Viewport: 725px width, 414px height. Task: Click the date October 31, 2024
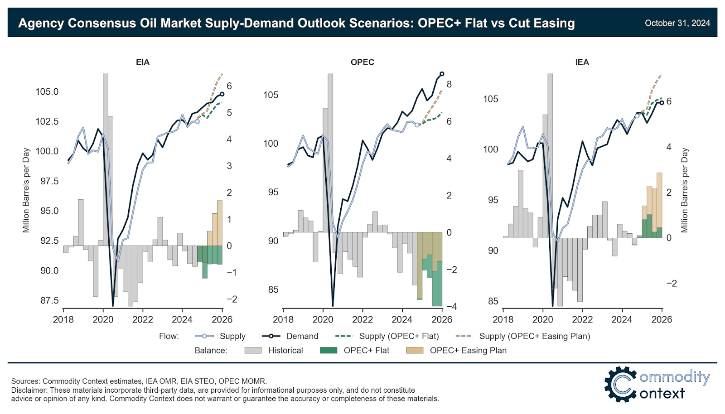click(x=677, y=23)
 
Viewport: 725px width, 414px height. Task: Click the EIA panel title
click(x=143, y=63)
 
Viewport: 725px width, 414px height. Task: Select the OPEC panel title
click(x=362, y=63)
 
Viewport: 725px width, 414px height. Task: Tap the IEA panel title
click(x=582, y=63)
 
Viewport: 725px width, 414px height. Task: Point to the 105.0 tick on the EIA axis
click(x=47, y=91)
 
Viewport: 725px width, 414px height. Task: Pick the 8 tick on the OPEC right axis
click(x=449, y=84)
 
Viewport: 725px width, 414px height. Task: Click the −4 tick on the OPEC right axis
click(x=451, y=307)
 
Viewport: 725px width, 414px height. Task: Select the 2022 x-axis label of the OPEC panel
click(x=362, y=320)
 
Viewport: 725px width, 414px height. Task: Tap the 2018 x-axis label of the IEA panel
click(x=503, y=320)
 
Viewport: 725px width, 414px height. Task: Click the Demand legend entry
click(x=302, y=336)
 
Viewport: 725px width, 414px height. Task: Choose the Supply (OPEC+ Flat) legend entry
click(x=399, y=336)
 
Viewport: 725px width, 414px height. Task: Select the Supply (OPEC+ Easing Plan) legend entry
click(x=535, y=336)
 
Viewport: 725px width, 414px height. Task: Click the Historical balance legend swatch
click(x=253, y=350)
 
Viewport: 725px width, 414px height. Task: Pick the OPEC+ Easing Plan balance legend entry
click(x=468, y=350)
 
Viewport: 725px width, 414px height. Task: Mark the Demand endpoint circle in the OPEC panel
click(x=442, y=74)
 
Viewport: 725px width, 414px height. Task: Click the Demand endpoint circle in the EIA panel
click(x=222, y=94)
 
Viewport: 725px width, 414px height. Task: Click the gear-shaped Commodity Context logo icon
click(x=620, y=384)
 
